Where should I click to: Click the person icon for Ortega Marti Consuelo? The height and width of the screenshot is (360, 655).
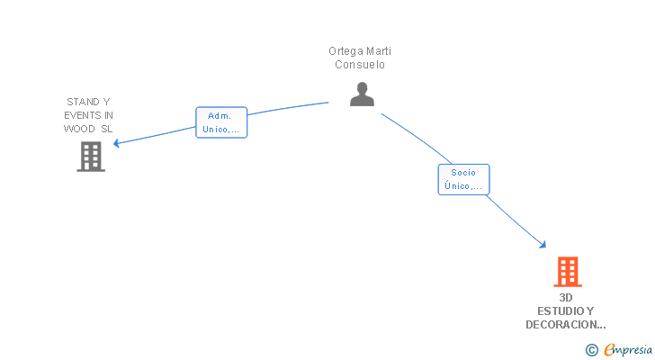pos(362,94)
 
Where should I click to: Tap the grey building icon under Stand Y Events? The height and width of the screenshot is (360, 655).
pos(91,157)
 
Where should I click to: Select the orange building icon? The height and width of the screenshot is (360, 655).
pos(567,271)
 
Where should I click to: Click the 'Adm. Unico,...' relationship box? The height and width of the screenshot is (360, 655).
pos(221,122)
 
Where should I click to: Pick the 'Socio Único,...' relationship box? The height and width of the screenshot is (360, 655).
pos(463,179)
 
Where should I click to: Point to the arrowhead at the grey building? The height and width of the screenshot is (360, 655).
pos(116,143)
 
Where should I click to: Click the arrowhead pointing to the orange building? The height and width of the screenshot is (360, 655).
pos(543,245)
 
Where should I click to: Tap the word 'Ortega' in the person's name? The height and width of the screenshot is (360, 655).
pos(345,51)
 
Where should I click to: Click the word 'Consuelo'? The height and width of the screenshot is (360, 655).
pos(360,65)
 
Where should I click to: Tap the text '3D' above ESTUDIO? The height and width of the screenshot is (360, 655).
pos(566,297)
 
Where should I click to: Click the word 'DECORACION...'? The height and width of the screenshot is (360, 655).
pos(566,324)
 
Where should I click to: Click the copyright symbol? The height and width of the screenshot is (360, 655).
pos(591,350)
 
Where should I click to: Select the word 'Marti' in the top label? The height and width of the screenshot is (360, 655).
pos(379,51)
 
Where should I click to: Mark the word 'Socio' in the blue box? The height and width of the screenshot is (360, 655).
pos(463,172)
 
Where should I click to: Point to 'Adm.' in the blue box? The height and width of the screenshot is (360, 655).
pos(220,115)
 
